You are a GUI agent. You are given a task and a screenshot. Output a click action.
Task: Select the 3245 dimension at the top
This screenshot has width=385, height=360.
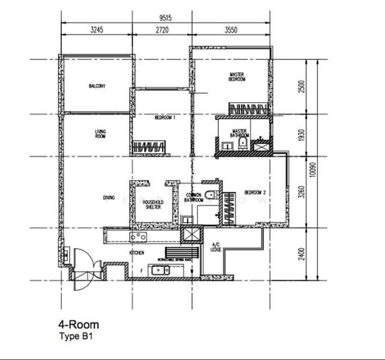click(x=96, y=28)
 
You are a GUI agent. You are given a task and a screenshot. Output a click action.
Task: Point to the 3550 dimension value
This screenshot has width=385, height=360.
click(x=232, y=28)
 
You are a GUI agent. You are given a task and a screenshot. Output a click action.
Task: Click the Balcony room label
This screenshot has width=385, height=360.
click(x=97, y=86)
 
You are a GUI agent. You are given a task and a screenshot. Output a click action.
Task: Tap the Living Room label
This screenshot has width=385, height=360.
click(x=100, y=134)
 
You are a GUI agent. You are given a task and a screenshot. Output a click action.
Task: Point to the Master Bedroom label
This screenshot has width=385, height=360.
click(x=237, y=77)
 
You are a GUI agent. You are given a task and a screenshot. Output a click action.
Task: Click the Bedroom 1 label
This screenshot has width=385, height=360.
click(x=165, y=118)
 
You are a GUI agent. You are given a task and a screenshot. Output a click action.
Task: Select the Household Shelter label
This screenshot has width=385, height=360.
click(x=153, y=205)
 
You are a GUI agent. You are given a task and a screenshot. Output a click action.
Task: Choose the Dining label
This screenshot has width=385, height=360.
click(x=109, y=197)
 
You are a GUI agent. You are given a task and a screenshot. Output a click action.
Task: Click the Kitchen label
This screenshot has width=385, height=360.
click(x=137, y=253)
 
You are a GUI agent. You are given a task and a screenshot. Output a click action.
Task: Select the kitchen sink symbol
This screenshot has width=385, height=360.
click(x=159, y=270)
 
